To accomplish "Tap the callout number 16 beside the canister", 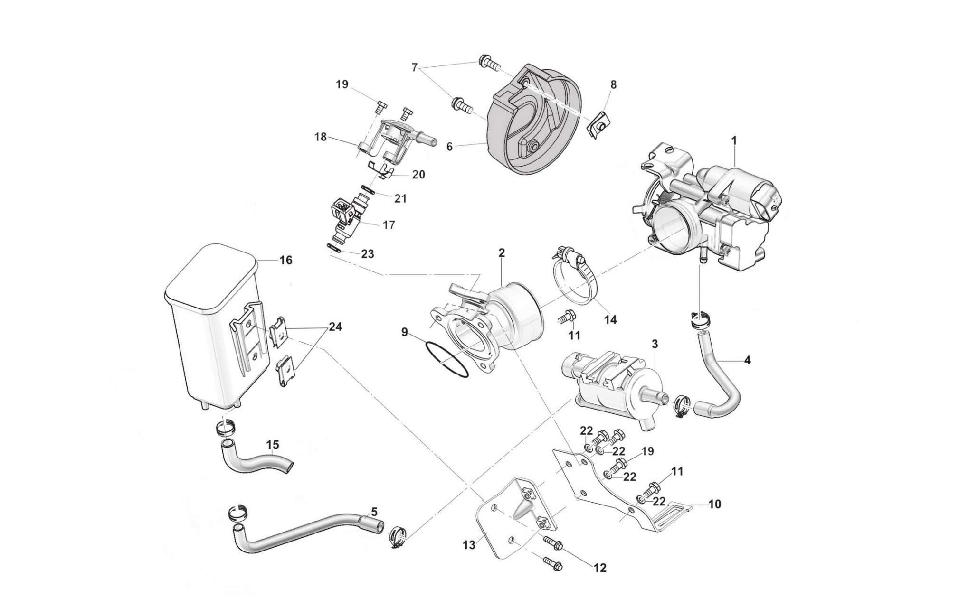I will click(x=285, y=260).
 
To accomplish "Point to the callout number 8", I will click(x=613, y=84).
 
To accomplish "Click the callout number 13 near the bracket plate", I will click(x=469, y=545).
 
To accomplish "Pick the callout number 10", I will click(x=714, y=504).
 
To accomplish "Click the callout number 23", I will click(x=367, y=254).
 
